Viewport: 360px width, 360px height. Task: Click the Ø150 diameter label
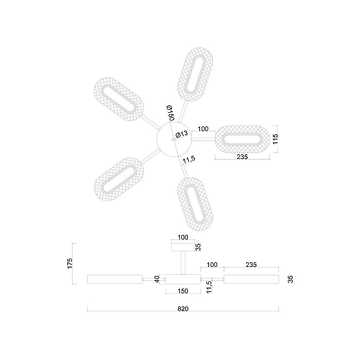(x=170, y=113)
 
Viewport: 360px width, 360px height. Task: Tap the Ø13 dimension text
(x=182, y=134)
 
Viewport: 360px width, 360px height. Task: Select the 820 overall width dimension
(x=183, y=308)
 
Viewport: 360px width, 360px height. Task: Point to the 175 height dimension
(x=70, y=263)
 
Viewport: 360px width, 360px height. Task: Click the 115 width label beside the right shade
(x=275, y=139)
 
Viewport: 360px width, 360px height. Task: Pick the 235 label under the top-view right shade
(x=242, y=157)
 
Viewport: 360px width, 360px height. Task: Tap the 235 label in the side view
(x=251, y=265)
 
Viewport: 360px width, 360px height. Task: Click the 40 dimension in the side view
(x=157, y=279)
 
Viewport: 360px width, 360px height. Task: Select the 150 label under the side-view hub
(x=183, y=291)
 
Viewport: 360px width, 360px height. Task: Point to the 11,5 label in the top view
(x=189, y=160)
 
